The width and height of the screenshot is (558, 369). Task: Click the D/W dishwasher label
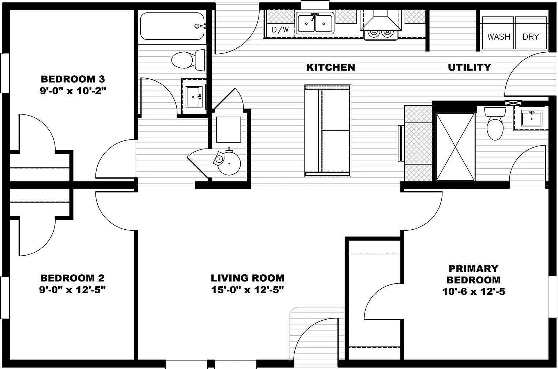280,30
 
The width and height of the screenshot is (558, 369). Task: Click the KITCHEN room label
330,67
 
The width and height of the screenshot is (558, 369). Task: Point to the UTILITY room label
469,67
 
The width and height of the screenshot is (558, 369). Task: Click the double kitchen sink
315,23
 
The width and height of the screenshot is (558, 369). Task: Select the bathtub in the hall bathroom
172,26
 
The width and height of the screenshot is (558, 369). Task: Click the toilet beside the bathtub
188,60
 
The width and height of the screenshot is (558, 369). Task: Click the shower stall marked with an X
455,146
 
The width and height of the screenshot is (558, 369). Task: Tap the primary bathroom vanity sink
531,118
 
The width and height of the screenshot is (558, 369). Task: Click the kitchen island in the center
328,131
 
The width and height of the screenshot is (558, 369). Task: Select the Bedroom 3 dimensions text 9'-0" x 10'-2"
73,91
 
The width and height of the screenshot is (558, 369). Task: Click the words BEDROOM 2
72,278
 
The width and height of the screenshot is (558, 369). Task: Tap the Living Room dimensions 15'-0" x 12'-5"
248,290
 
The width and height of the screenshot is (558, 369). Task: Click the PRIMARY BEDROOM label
474,274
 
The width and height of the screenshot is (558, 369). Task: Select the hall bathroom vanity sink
193,97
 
